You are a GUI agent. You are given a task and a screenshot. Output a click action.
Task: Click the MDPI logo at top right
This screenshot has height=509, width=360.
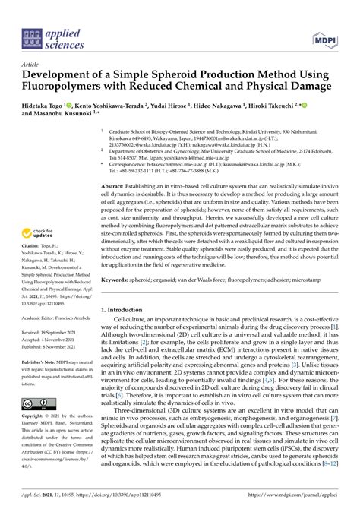pyautogui.click(x=326, y=36)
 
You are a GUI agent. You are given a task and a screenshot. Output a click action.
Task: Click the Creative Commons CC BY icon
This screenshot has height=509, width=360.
pyautogui.click(x=37, y=402)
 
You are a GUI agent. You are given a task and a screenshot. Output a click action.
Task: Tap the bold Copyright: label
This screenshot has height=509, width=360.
pyautogui.click(x=36, y=419)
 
